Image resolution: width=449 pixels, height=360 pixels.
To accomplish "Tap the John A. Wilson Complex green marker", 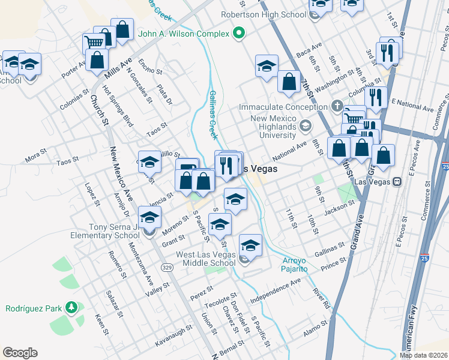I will [x=239, y=33].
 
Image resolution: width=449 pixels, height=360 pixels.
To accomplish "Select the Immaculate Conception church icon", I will [x=337, y=107].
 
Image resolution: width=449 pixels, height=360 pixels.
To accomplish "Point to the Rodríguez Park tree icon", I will [x=72, y=308].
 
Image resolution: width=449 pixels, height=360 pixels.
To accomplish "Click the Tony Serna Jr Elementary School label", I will [x=106, y=231].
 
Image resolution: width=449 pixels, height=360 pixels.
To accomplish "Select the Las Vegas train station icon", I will [x=396, y=182].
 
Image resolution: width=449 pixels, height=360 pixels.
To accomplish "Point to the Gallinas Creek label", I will [x=213, y=114].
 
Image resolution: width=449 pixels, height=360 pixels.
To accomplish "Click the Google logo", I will [x=20, y=353].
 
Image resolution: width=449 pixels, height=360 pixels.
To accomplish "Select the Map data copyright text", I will [x=423, y=355].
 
